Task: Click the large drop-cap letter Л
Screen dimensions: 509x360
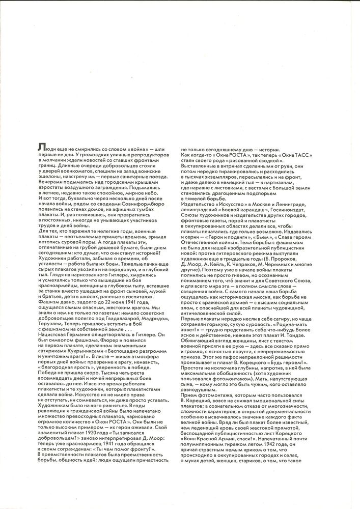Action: click(41, 147)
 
